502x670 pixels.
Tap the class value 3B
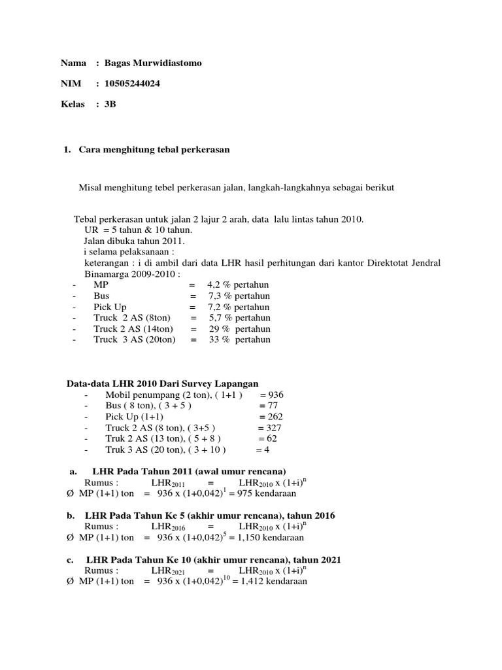110,105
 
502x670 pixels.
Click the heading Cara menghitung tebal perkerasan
154,150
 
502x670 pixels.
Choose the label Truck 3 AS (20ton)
135,340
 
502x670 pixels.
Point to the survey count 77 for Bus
271,406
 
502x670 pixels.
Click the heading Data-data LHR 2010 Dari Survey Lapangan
163,383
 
